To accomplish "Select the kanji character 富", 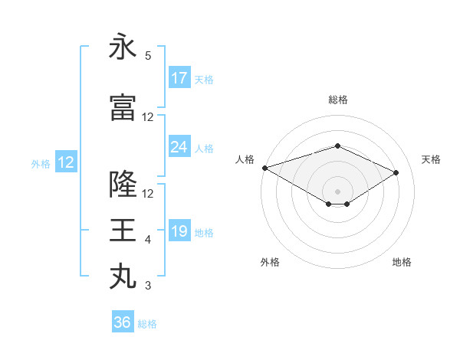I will [123, 108].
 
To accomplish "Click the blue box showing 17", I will [179, 78].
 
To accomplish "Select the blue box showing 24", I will [179, 147].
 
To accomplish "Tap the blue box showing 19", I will [179, 231].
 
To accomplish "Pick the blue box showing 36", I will [123, 322].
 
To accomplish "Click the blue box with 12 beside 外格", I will [65, 162].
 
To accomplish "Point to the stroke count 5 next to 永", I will [148, 56].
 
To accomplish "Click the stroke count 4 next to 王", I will [148, 240].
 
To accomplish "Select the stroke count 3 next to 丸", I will [148, 286].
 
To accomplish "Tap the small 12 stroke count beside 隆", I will [148, 193].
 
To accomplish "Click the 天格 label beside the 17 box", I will [204, 79].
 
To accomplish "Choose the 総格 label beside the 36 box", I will [147, 324].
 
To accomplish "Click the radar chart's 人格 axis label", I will [245, 159].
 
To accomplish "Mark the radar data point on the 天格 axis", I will [396, 173].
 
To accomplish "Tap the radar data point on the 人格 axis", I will [264, 168].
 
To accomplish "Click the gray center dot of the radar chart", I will [337, 190].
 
